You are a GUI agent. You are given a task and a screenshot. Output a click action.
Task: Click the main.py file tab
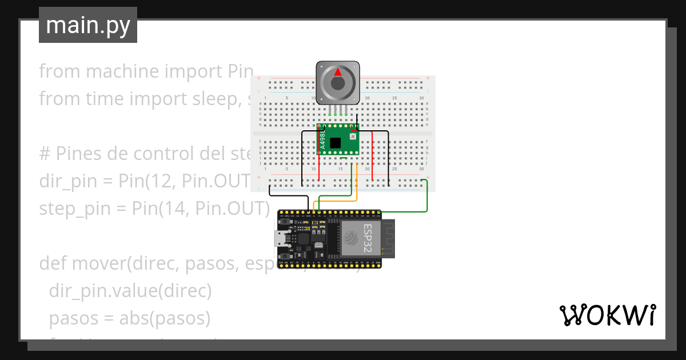pos(87,25)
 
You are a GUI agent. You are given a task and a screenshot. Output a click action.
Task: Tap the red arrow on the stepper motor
pos(338,72)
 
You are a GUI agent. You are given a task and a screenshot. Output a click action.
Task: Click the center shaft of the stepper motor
pos(338,83)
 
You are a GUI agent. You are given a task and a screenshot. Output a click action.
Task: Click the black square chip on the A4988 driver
pos(336,143)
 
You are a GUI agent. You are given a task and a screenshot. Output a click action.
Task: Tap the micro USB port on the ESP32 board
pos(281,239)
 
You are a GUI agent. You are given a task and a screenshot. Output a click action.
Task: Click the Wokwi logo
pos(607,315)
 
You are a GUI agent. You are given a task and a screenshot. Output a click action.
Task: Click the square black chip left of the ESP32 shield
pos(303,239)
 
